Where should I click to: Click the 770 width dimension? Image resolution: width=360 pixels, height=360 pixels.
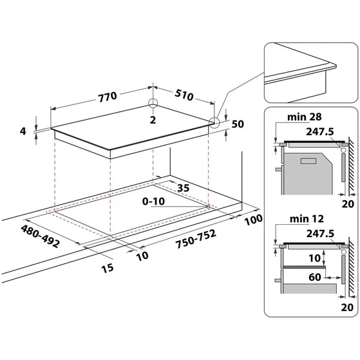click(x=107, y=97)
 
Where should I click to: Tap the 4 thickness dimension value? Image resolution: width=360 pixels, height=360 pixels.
click(x=23, y=131)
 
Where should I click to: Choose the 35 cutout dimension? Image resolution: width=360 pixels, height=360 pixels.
click(x=182, y=187)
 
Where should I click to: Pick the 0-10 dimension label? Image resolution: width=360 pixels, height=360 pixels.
click(x=155, y=202)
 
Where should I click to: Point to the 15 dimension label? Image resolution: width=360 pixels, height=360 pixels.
click(x=108, y=267)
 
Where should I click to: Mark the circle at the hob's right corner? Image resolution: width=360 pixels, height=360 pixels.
click(x=214, y=120)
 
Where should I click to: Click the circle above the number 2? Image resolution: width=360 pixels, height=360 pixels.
click(x=153, y=104)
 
